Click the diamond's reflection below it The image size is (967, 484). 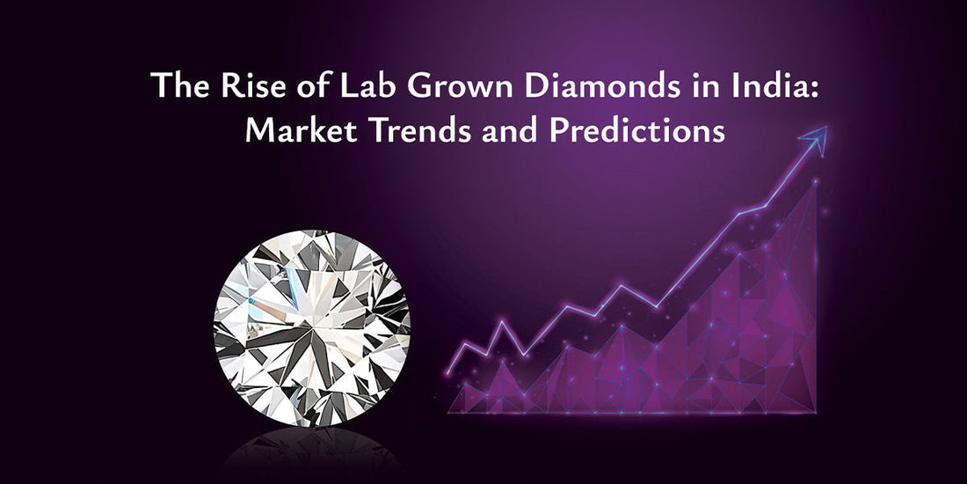tap(312, 453)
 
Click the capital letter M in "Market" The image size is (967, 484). tap(261, 131)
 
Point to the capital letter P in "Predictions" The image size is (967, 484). tap(569, 131)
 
